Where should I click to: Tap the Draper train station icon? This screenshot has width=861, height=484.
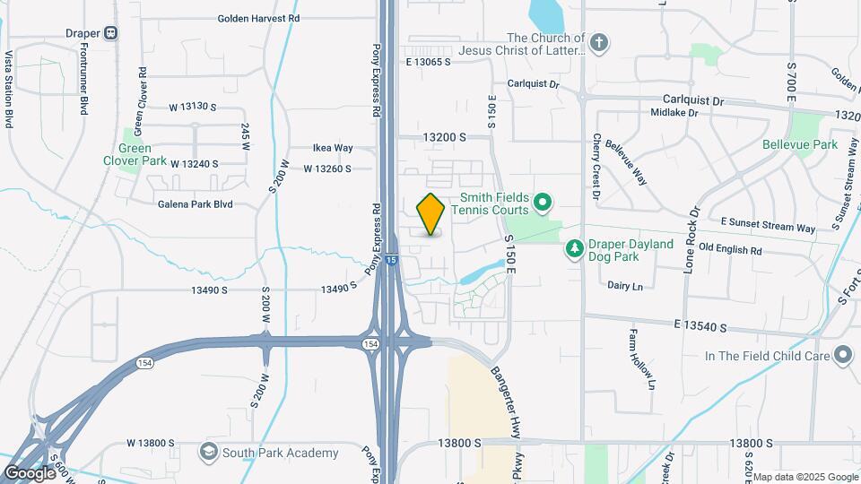(111, 33)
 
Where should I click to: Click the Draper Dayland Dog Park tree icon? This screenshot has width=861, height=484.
(574, 246)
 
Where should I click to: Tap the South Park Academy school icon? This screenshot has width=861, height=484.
(208, 453)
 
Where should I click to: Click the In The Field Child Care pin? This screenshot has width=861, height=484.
(842, 356)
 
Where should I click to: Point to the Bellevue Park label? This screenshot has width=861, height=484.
(799, 144)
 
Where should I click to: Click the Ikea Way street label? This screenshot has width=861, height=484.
(333, 148)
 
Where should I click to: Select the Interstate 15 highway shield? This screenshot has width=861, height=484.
(391, 260)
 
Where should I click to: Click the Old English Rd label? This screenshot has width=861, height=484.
(730, 252)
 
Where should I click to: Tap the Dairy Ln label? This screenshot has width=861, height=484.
(625, 286)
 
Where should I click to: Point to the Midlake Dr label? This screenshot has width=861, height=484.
(675, 113)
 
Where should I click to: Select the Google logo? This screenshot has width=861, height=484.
(30, 472)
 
